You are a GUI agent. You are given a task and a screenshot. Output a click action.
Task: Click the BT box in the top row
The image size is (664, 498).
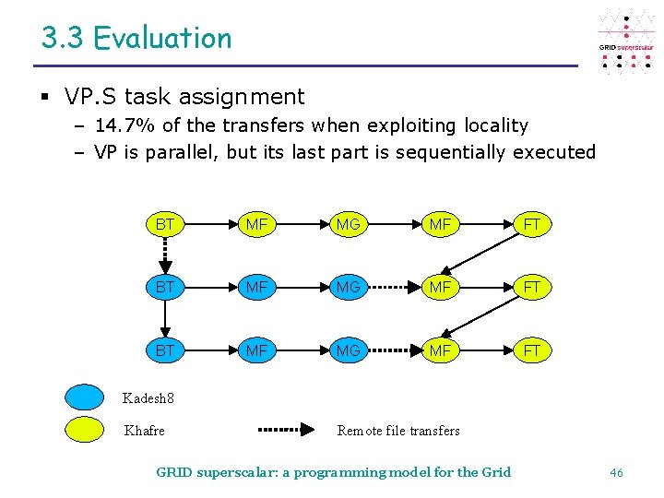coord(164,224)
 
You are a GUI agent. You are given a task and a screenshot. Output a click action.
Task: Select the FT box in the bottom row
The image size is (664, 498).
coord(532,350)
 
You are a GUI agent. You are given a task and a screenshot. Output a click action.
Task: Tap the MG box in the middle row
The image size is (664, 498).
coord(348,287)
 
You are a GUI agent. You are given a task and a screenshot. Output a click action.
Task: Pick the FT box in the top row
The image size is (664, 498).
coord(532,224)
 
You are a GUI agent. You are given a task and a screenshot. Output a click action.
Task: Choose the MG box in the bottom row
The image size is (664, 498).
coord(348,350)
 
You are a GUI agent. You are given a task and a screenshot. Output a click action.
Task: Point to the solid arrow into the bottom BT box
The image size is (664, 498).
coord(164,318)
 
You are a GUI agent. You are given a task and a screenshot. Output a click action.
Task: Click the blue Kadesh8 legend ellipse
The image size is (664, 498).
coord(85,397)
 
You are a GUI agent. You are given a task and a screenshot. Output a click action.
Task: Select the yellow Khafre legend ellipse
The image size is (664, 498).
coord(85,430)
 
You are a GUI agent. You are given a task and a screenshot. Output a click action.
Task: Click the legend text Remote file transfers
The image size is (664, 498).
coord(398,431)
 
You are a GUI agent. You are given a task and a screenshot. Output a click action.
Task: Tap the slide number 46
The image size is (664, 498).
coord(616,472)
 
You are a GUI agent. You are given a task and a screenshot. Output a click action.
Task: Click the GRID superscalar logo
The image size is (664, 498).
coord(626,41)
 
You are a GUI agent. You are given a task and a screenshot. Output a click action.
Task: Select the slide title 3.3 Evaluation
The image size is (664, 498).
coord(136,38)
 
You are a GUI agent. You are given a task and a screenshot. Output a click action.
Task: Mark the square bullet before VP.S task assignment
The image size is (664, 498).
coord(46,97)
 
